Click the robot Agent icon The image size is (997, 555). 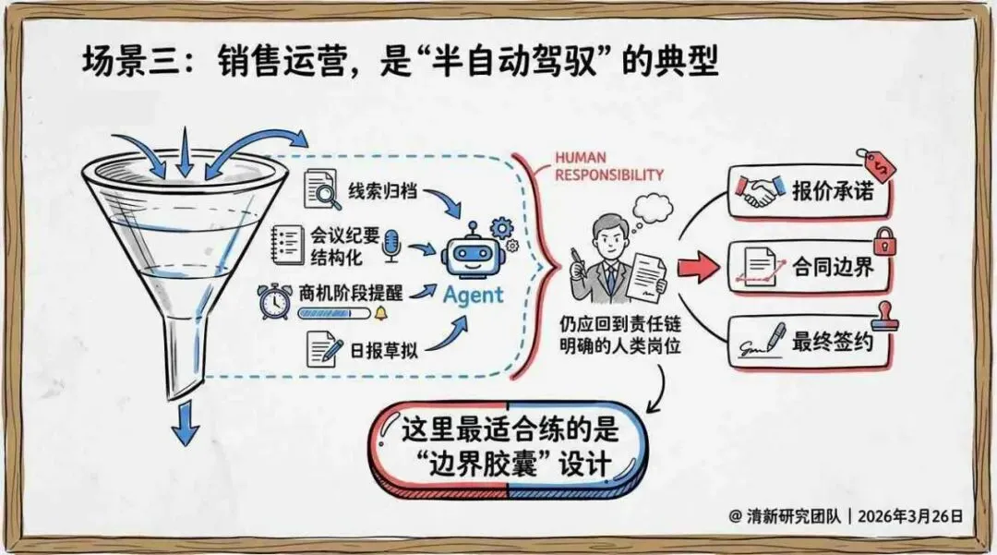coord(474,249)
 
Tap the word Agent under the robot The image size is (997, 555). coord(474,295)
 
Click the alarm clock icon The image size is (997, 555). coord(275,299)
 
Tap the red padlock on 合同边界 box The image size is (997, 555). coord(883,241)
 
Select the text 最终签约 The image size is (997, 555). coord(832,343)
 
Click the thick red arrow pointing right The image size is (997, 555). coord(698,268)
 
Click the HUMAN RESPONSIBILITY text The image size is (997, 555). coord(608,165)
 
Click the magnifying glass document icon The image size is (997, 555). coord(322,191)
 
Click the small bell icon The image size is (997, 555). coord(380,314)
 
